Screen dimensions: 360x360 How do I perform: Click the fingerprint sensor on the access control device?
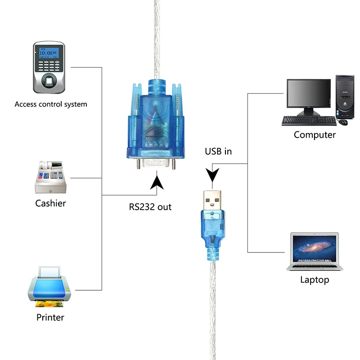coord(49,81)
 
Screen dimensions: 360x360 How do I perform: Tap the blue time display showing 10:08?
coord(49,53)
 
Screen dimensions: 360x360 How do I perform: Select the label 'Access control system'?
coord(51,104)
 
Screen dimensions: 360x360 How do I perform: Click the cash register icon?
coord(50,177)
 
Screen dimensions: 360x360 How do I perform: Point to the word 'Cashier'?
coord(50,203)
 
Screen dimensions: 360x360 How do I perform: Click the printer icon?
coord(49,287)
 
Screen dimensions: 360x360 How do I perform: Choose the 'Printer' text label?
coord(50,317)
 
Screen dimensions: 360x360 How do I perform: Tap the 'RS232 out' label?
coord(150,207)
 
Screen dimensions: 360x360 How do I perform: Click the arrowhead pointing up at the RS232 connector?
coord(157,183)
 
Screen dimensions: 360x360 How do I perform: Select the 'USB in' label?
coord(218,151)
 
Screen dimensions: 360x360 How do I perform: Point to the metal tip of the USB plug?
coord(212,200)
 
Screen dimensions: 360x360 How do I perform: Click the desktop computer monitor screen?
coord(309,93)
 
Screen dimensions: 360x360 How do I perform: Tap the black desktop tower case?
coord(345,97)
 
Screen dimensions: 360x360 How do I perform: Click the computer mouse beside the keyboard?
coord(343,122)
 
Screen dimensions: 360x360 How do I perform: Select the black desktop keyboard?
coord(309,121)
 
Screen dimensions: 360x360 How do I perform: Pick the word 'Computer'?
coord(315,135)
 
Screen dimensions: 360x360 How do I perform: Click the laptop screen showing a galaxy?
coord(314,249)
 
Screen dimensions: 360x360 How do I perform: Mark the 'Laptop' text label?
coord(315,279)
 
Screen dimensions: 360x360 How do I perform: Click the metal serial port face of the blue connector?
coord(156,162)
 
